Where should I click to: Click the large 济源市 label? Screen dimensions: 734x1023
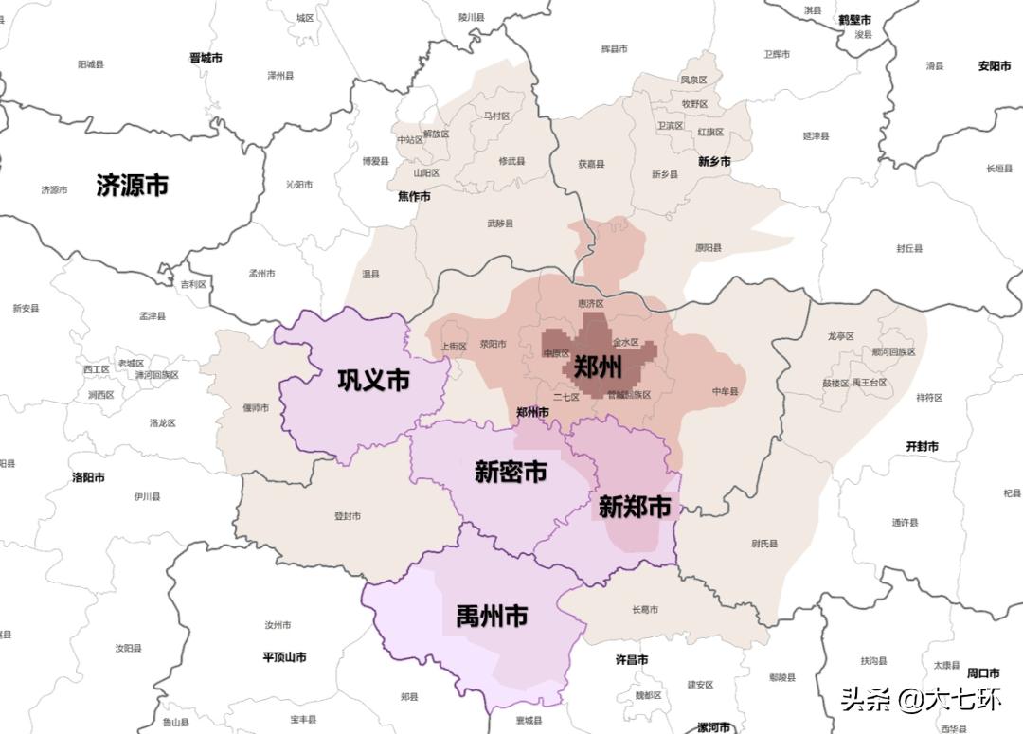(132, 185)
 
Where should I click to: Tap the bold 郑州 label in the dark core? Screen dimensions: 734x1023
(598, 367)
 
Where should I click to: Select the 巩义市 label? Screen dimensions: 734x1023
(373, 380)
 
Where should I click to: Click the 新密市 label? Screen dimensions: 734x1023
(511, 471)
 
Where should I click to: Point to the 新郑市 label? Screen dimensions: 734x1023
(635, 507)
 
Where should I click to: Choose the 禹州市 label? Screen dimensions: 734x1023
(492, 618)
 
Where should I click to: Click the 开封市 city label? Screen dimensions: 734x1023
(922, 446)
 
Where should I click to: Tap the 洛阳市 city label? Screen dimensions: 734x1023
(88, 477)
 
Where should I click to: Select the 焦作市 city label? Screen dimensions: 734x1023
(414, 196)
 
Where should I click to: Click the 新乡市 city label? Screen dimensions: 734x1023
(714, 162)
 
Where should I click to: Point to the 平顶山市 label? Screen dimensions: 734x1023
(284, 656)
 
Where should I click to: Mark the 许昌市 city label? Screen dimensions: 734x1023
(632, 659)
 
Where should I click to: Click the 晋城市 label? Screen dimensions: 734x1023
(206, 57)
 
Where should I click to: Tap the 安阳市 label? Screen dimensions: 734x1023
(996, 66)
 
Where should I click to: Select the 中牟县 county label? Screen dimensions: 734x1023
(725, 391)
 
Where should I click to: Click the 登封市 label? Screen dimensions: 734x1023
(348, 516)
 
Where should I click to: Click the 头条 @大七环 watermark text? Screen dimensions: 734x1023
(921, 700)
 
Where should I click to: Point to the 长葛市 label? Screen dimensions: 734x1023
(645, 609)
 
